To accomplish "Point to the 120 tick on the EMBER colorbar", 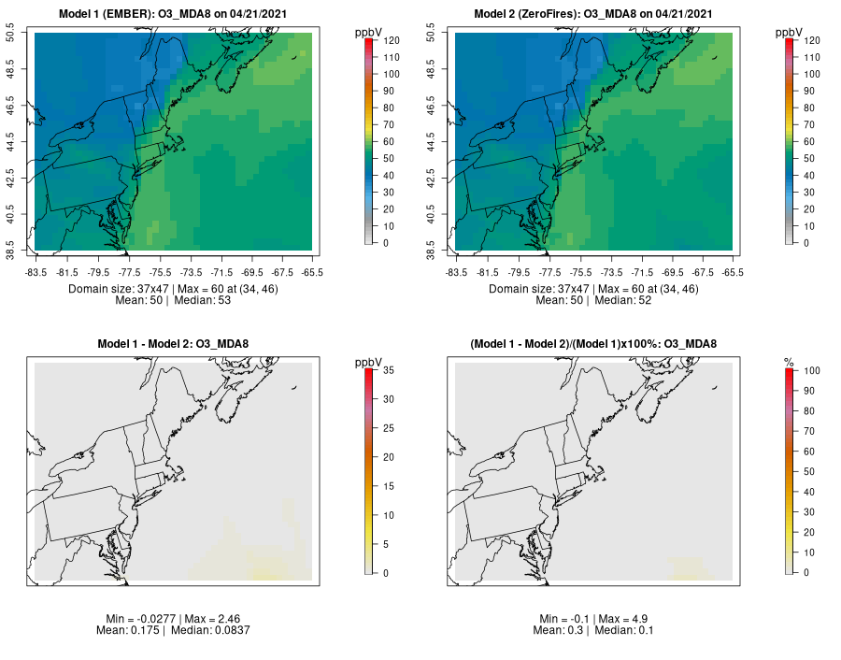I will pos(391,40).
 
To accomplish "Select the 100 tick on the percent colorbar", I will pos(811,371).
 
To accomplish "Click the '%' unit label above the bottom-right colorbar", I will pos(789,362).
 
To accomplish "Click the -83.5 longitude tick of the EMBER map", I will pos(36,273).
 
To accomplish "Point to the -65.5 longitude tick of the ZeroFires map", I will pos(733,273).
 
